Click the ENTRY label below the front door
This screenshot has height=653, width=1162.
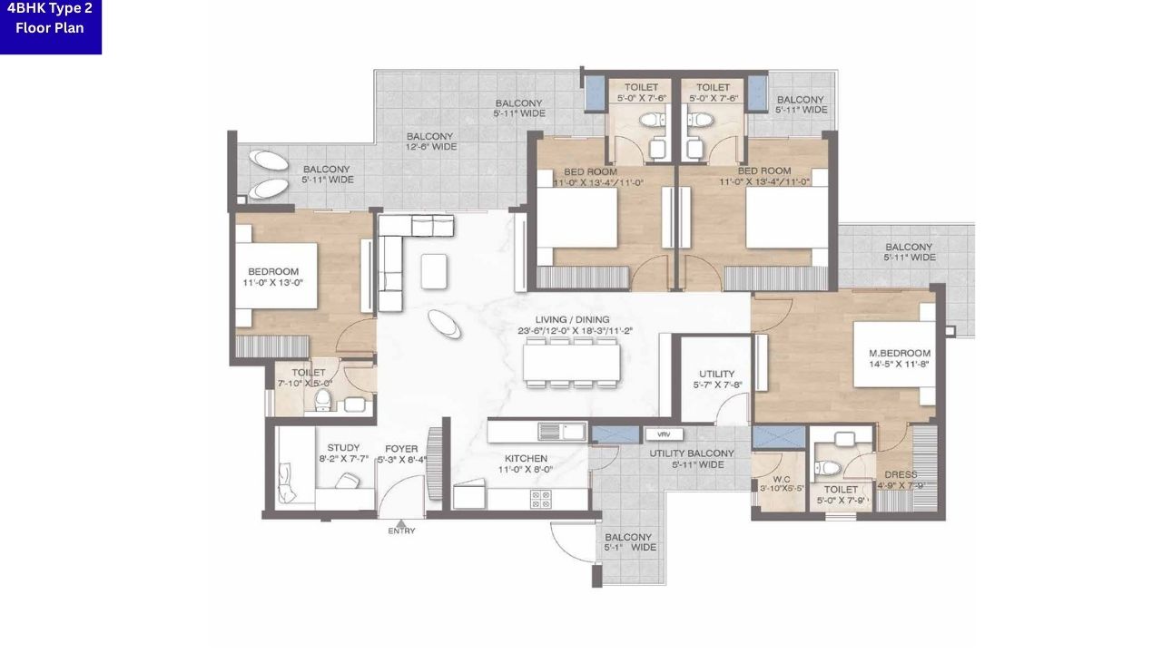(x=401, y=531)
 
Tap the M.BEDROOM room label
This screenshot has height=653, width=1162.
(x=900, y=353)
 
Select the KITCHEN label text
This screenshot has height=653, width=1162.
(x=526, y=458)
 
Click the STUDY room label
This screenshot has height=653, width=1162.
(x=343, y=447)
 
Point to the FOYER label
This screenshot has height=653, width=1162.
(x=401, y=447)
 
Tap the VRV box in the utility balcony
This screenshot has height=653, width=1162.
(x=664, y=434)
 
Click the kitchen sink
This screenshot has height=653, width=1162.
(x=560, y=431)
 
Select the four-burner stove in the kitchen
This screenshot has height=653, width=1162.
(x=540, y=498)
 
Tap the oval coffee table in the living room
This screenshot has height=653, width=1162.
(x=444, y=323)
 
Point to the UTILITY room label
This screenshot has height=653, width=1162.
(x=716, y=374)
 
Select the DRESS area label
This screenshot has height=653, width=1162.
(x=900, y=474)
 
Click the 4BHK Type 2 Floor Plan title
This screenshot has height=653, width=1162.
(x=50, y=18)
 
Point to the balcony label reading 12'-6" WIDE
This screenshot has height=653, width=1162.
(x=431, y=141)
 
